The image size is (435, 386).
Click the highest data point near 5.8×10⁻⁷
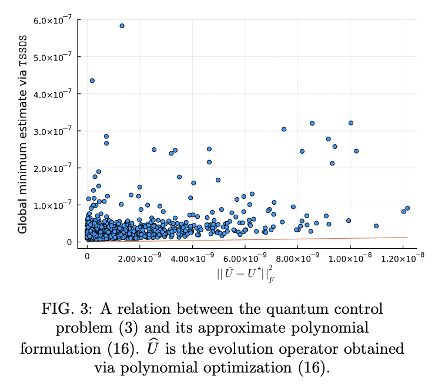pos(122,26)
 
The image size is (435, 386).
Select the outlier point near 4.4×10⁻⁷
pos(92,80)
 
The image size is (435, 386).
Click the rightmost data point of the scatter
pos(407,208)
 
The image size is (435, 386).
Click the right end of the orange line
pos(407,238)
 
